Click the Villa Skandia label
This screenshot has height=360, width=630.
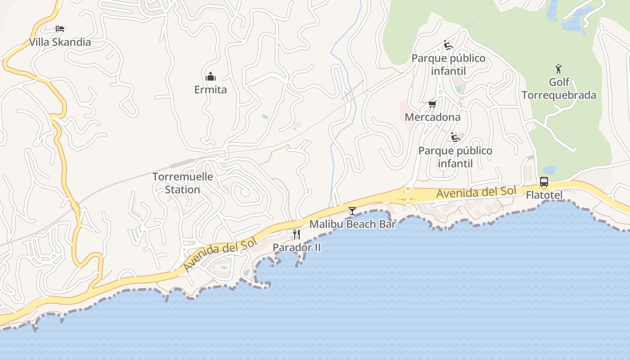tap(60, 42)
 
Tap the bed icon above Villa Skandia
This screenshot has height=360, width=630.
tap(60, 29)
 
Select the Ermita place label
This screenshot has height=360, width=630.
tap(211, 90)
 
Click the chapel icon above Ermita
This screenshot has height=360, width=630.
tap(210, 76)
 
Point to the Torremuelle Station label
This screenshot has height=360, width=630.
tap(182, 183)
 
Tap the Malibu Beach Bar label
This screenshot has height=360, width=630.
tap(352, 224)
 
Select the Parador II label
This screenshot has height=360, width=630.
tap(297, 247)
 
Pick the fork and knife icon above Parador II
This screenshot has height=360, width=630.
tap(297, 234)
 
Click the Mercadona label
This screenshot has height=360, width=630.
tap(432, 117)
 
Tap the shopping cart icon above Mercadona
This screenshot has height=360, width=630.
tap(432, 104)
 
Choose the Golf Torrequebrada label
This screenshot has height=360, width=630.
tap(559, 89)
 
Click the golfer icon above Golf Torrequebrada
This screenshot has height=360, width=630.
tap(558, 69)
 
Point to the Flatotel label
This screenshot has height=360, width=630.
tap(544, 195)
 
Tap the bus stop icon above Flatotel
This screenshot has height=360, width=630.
tap(544, 182)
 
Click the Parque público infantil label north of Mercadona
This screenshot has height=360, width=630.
tap(448, 65)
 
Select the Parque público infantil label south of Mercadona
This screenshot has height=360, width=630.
tap(455, 157)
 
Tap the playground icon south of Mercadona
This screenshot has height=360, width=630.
tap(455, 137)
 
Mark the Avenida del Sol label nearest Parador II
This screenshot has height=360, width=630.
tap(220, 255)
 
